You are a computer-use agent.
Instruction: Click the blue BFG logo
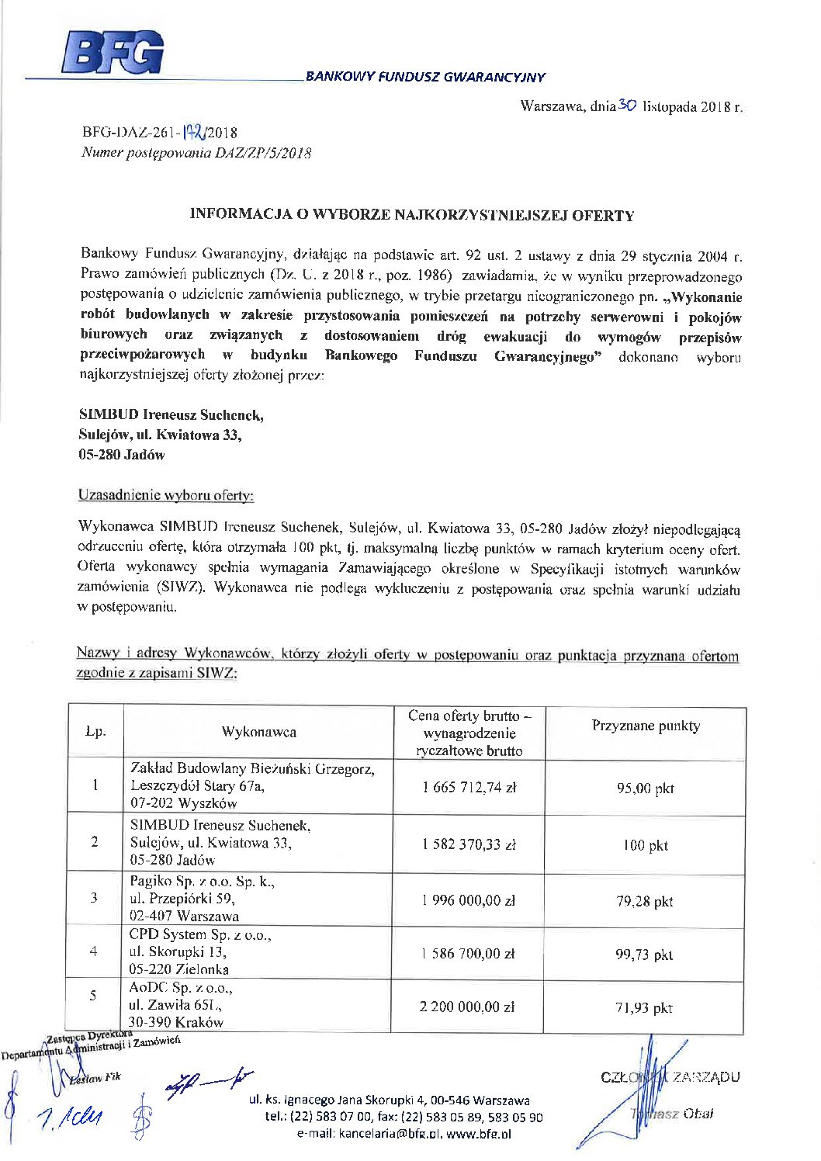coord(112,53)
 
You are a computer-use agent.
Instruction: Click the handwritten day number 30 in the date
coord(627,106)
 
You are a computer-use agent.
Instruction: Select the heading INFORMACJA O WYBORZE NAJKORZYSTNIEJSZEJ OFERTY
coord(412,215)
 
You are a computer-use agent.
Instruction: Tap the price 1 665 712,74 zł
coord(469,787)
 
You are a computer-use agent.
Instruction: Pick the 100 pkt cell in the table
coord(645,845)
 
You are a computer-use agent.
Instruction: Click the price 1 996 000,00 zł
coord(469,900)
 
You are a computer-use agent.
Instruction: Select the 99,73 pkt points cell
coord(644,954)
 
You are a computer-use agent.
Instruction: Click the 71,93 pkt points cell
coord(644,1008)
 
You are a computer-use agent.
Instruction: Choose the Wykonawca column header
coord(258,732)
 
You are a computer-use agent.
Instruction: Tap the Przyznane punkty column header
coord(646,726)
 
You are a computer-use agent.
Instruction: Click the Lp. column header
coord(95,732)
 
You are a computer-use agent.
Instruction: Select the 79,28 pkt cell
coord(644,901)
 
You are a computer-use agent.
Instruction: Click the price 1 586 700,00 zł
coord(469,954)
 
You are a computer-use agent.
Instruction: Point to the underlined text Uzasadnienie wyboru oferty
coord(166,494)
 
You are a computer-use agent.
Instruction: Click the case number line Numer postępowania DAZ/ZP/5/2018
coord(196,153)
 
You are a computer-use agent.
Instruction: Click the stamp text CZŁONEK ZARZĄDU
coord(670,1076)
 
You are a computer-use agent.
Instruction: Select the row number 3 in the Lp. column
coord(94,898)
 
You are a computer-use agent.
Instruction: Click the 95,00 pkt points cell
coord(645,788)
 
